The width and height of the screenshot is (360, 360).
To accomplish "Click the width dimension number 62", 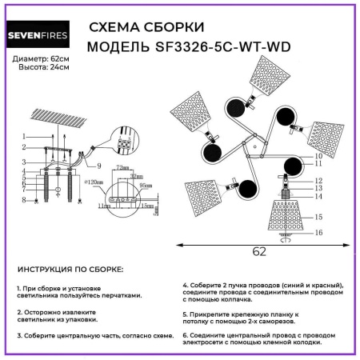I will point(259,251).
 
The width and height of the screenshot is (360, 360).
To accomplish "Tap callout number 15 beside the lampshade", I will point(318,217).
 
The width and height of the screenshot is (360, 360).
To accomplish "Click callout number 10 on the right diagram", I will point(318,156).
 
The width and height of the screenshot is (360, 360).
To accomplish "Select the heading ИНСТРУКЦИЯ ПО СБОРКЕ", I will point(70,271).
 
